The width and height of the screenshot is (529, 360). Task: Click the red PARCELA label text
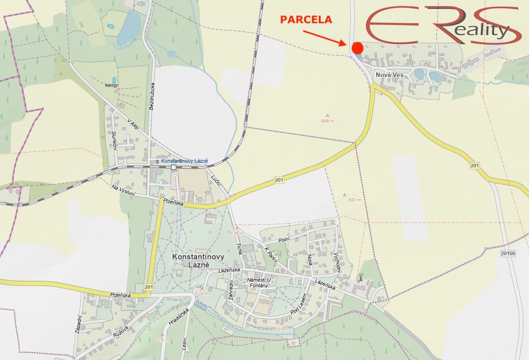(x=306, y=20)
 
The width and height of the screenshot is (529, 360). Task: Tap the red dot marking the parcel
(x=357, y=48)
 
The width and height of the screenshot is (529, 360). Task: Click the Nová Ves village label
(x=388, y=75)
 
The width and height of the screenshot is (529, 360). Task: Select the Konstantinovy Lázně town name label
(x=198, y=261)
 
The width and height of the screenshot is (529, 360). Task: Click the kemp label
(x=112, y=85)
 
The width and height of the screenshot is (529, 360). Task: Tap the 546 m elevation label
(x=331, y=121)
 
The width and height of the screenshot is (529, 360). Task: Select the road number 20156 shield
(x=508, y=254)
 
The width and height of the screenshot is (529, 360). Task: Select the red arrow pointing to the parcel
(x=324, y=38)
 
